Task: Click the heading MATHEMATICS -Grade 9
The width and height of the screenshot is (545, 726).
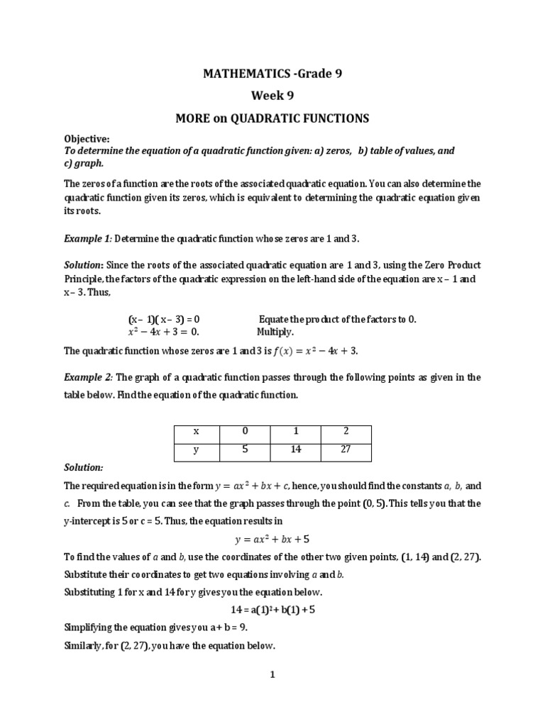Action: pos(272,73)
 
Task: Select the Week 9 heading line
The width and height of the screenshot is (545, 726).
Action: pos(272,96)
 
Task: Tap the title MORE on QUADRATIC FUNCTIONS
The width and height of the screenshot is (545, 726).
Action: pos(272,118)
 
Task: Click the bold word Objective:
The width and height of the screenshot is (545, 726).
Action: pos(87,140)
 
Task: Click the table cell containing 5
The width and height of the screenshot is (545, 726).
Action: pos(245,449)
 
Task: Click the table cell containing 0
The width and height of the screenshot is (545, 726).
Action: pos(245,431)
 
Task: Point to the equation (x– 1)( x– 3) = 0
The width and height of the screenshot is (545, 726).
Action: pos(169,319)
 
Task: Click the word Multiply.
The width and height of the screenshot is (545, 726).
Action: pos(275,332)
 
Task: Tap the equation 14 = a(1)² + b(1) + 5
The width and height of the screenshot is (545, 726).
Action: pos(272,610)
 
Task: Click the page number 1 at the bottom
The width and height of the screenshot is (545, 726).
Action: pos(271,676)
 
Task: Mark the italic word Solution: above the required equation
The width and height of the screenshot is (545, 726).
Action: pos(84,467)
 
